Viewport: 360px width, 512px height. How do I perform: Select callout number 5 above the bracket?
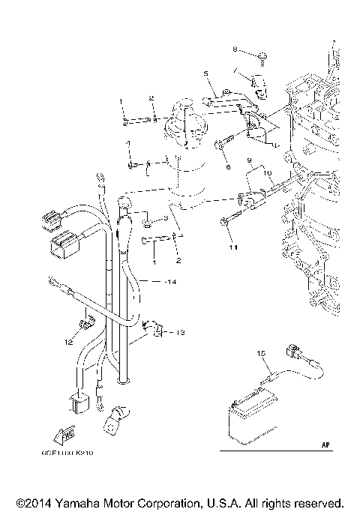(x=204, y=73)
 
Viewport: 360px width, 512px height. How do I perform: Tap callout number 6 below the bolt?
(x=229, y=168)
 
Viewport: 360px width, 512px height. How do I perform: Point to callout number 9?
(x=247, y=160)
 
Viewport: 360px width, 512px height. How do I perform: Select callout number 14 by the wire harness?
(x=172, y=282)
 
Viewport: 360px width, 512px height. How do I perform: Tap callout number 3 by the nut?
(x=165, y=217)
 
